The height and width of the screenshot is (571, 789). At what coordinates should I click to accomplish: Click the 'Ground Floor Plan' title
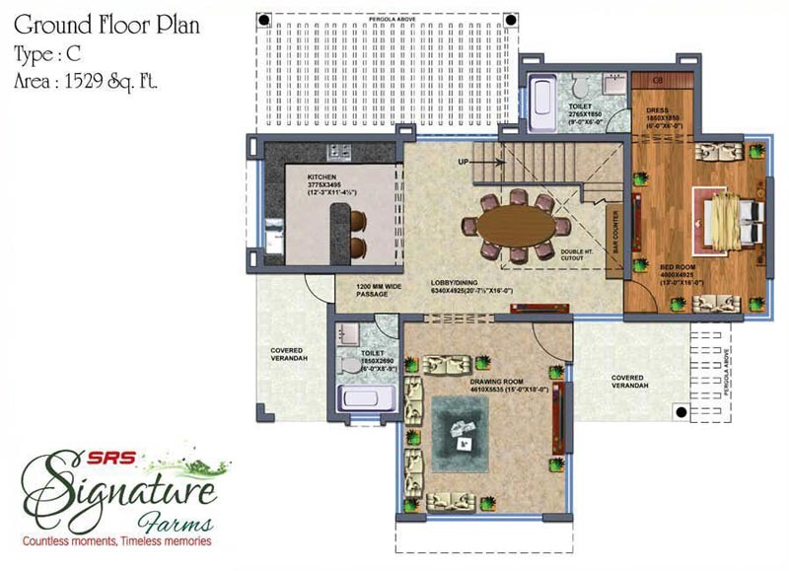pos(108,25)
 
